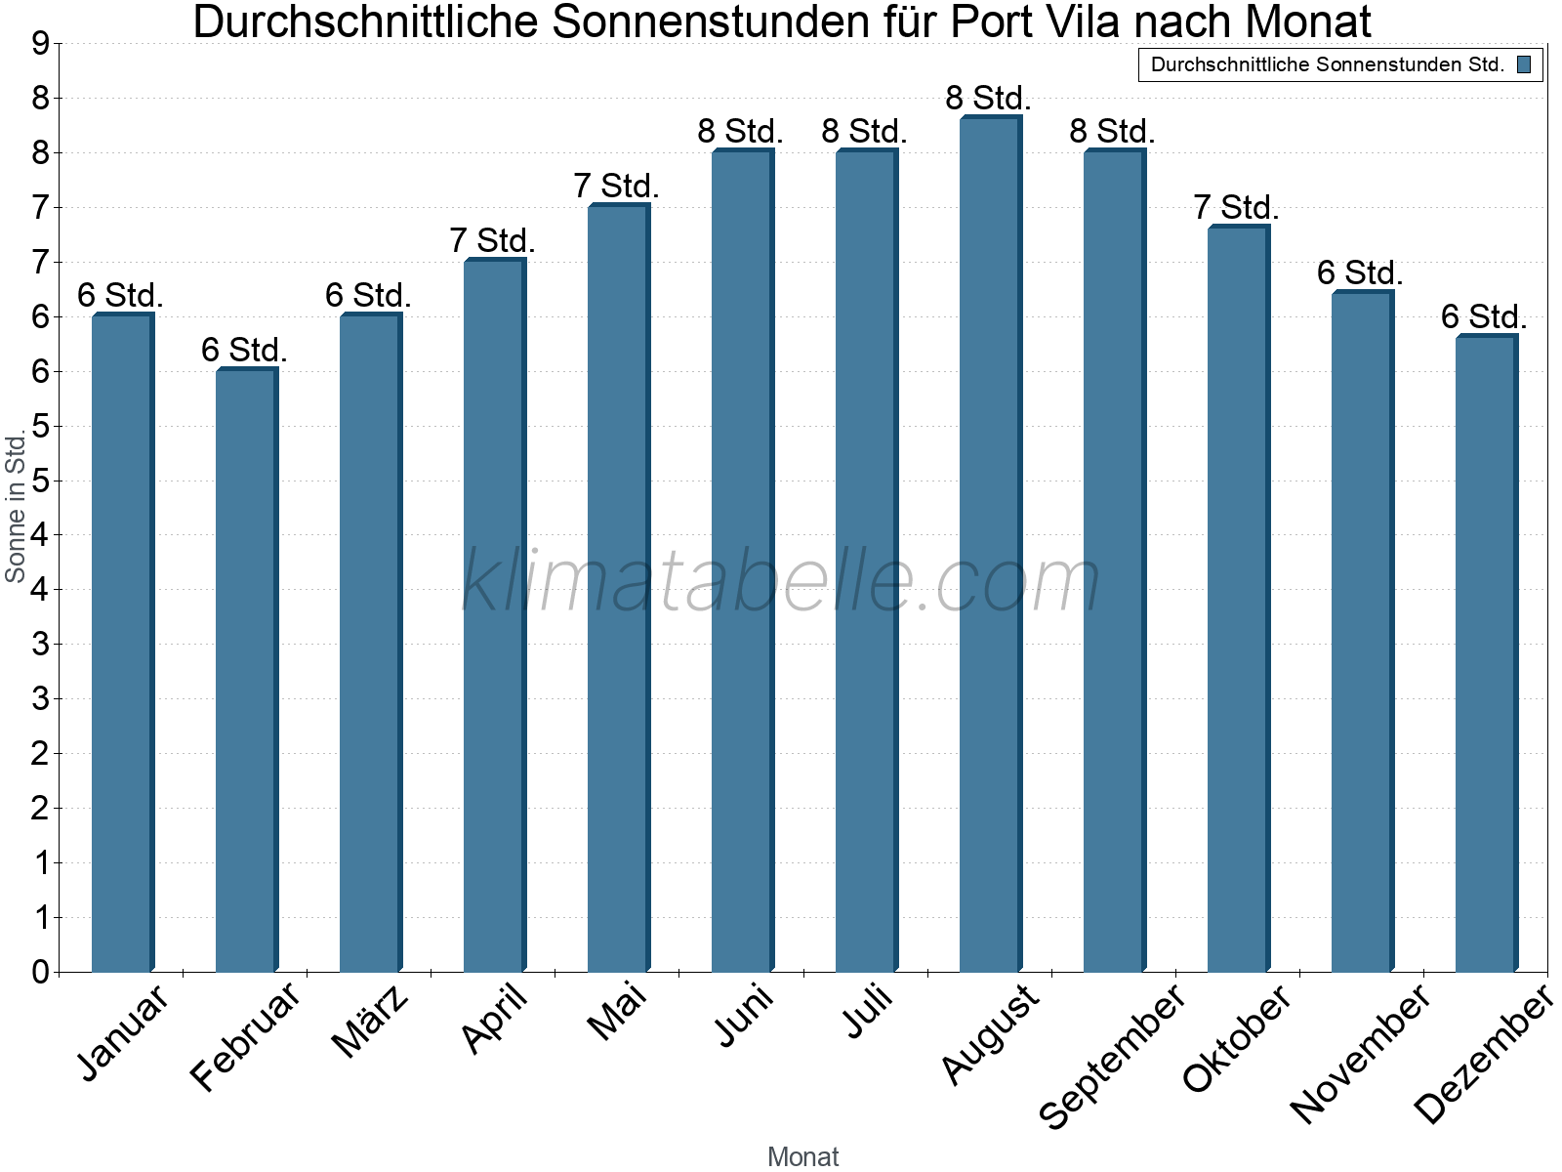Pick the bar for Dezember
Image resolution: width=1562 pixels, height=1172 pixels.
[1486, 653]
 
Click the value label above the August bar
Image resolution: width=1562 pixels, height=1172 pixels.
[988, 99]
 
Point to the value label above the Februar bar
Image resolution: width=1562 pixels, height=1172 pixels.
[244, 350]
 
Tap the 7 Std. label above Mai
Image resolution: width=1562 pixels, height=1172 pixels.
[616, 186]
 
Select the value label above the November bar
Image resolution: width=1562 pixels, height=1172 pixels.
[1360, 273]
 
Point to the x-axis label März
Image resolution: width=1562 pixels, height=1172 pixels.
[371, 1022]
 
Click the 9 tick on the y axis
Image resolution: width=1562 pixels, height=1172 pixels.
[40, 44]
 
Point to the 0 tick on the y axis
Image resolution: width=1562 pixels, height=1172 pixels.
[40, 972]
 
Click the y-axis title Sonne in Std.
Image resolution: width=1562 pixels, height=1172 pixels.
[16, 508]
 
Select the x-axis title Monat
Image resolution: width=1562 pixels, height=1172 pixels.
[802, 1156]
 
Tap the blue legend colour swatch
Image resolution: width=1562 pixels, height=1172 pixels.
[1524, 65]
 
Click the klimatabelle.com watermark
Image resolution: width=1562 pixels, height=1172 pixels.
[781, 582]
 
